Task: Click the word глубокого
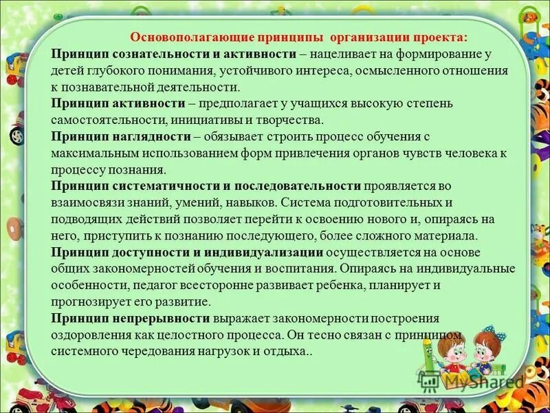coord(115,71)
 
